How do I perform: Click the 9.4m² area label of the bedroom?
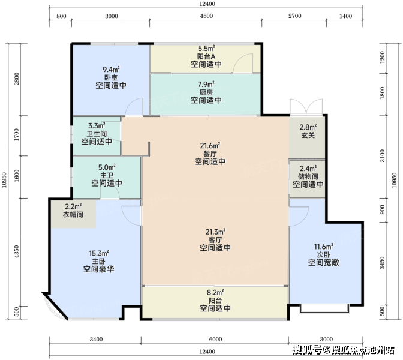pos(111,70)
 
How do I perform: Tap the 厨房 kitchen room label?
pos(206,92)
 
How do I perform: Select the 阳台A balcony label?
pos(206,56)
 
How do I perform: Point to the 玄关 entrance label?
pos(308,135)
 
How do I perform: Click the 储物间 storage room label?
pos(308,176)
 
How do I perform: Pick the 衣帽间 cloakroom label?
pos(73,214)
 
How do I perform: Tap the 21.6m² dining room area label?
pos(210,146)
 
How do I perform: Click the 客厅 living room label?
pos(215,240)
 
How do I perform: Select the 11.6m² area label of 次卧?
pos(324,247)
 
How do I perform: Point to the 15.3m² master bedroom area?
pos(99,253)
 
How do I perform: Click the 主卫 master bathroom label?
pos(107,175)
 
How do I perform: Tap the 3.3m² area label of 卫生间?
pos(97,126)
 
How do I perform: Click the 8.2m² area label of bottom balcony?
pos(215,293)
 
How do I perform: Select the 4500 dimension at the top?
pos(206,16)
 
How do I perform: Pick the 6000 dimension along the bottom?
pos(215,339)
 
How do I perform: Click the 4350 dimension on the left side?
pos(16,252)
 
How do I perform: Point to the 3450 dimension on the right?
pos(382,263)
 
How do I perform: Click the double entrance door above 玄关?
pos(306,107)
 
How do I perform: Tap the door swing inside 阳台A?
pos(243,63)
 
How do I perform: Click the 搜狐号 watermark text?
pos(307,350)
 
